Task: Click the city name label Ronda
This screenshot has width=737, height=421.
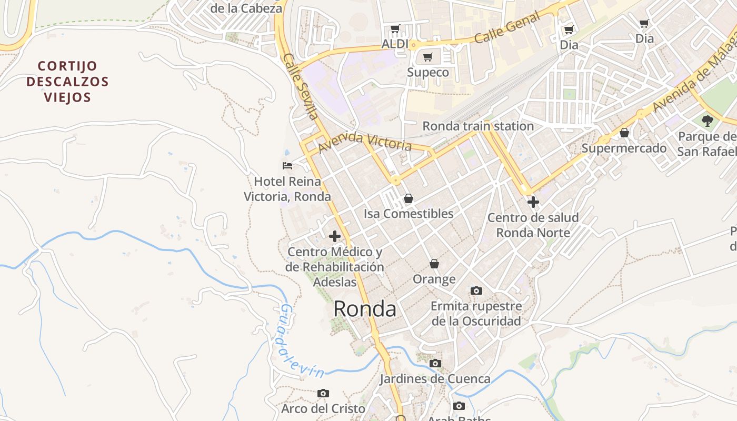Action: [365, 309]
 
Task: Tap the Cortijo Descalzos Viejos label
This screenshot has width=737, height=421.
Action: [67, 82]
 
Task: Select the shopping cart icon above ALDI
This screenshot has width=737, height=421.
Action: [395, 28]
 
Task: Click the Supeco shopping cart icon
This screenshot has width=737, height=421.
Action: [428, 57]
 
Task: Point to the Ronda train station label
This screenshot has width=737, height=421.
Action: [478, 126]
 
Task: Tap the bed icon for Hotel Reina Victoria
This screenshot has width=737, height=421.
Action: [287, 166]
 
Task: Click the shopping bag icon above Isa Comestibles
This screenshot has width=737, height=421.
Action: [408, 198]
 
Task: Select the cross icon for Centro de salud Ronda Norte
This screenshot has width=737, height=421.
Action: [533, 202]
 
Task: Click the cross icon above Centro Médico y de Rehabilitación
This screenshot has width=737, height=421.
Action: [334, 236]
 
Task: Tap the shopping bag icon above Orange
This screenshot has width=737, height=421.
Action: [434, 264]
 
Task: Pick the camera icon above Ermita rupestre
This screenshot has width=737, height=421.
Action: [476, 290]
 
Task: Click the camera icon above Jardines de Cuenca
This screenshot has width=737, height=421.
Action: [435, 363]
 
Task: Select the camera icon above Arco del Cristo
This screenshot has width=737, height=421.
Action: [323, 393]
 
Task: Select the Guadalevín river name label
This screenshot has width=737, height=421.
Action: [301, 342]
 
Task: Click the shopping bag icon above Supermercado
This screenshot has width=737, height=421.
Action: [624, 133]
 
